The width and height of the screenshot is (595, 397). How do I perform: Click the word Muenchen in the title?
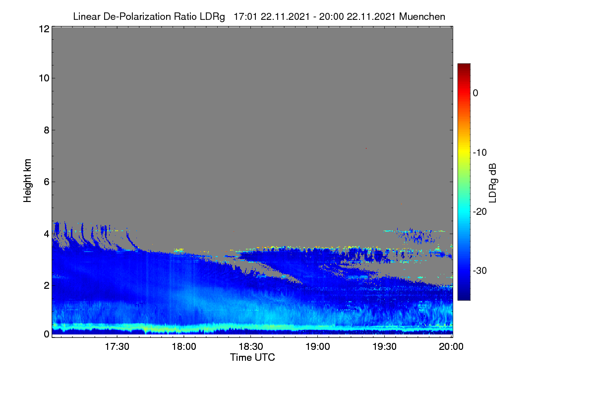422,16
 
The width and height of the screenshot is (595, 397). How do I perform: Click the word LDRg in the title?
212,17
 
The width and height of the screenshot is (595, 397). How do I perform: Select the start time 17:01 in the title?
245,16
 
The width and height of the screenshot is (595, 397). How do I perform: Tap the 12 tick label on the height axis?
44,29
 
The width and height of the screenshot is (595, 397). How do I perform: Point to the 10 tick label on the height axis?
44,78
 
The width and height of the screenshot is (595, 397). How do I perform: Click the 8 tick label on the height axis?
47,130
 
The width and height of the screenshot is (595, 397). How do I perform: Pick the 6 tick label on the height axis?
47,182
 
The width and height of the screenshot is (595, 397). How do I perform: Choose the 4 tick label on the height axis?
47,234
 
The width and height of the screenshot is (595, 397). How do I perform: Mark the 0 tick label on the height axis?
47,334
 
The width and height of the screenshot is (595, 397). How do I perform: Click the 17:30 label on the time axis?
117,346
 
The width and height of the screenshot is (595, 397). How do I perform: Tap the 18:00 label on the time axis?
184,346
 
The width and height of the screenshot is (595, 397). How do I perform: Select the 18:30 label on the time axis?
251,346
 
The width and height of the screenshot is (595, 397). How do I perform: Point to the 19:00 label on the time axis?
318,346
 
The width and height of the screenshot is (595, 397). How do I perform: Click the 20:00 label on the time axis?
451,346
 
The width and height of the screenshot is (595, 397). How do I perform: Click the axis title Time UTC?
252,357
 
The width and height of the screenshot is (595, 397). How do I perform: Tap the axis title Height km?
27,181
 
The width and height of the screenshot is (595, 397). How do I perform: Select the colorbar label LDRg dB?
493,183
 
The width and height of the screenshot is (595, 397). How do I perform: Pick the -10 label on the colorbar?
480,153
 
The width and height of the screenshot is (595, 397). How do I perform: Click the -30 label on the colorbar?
480,270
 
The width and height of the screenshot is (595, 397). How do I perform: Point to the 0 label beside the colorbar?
476,93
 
